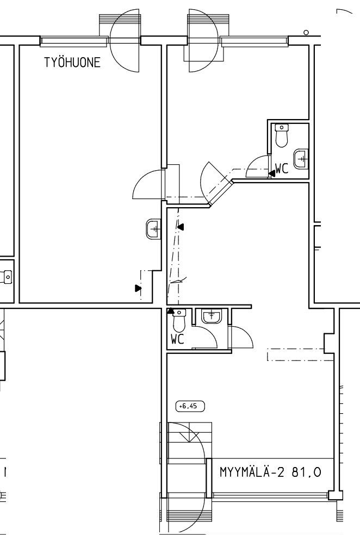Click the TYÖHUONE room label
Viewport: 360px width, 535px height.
[x=72, y=63]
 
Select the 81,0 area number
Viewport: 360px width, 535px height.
[x=306, y=472]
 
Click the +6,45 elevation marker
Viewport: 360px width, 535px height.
[x=190, y=406]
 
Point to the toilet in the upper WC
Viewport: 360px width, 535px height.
[x=282, y=135]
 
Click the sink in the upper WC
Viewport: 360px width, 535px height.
[x=301, y=159]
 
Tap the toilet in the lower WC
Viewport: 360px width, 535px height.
[x=179, y=320]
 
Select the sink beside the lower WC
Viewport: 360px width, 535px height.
[x=212, y=316]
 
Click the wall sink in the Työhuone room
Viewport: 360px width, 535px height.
[x=153, y=229]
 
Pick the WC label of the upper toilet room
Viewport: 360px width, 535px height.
[x=282, y=169]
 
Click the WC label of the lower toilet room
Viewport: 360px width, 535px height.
[x=177, y=339]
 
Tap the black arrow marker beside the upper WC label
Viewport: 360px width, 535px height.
[x=272, y=173]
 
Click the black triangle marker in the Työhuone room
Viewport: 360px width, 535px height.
[x=138, y=288]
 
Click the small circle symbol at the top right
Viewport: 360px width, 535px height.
[x=306, y=33]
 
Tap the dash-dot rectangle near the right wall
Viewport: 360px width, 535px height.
[x=300, y=354]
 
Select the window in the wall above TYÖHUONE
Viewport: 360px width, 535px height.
[x=74, y=41]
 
